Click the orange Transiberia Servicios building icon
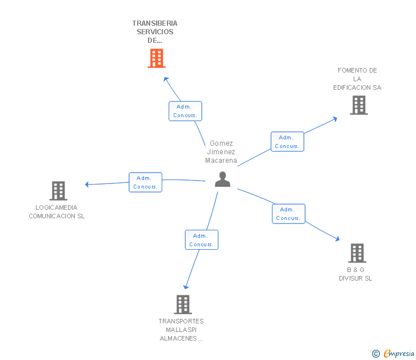156,58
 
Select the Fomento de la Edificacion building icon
358,105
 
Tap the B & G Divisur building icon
357,253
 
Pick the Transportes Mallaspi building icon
182,305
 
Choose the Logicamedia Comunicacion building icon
58,191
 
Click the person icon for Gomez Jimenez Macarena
222,179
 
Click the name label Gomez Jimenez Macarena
221,152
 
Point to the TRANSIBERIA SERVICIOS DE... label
155,32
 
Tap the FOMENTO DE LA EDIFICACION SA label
357,79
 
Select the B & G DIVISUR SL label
355,274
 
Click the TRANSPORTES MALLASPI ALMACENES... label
181,330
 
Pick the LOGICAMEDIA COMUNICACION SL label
57,212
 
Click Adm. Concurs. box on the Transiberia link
185,111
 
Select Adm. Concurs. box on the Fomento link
287,142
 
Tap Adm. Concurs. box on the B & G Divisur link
289,214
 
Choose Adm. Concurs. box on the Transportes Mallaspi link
202,240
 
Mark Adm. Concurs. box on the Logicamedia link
146,182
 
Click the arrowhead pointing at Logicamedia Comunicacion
87,184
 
